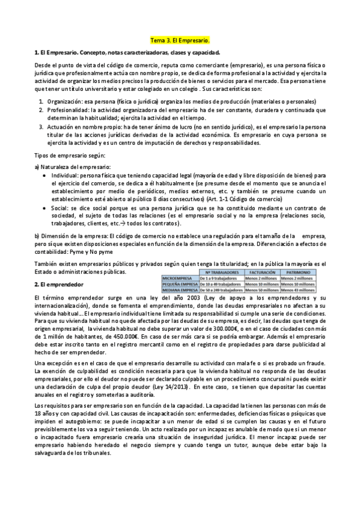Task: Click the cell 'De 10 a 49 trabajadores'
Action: point(219,284)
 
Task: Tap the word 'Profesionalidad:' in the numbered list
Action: point(69,110)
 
